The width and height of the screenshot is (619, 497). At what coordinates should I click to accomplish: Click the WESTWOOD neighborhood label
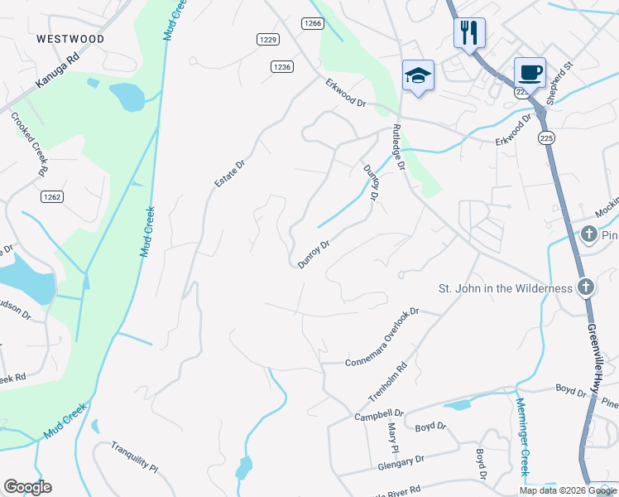click(x=70, y=39)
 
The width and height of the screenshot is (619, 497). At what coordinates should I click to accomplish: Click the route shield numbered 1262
click(x=52, y=197)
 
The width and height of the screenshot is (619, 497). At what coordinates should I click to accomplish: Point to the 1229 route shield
click(x=267, y=39)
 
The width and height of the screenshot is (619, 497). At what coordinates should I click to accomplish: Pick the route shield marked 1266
click(x=312, y=23)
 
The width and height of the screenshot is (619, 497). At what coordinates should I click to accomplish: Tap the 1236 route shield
click(x=281, y=66)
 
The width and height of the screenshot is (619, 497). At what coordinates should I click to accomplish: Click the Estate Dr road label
click(x=230, y=172)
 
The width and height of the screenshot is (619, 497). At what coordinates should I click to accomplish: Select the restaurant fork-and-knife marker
click(x=469, y=33)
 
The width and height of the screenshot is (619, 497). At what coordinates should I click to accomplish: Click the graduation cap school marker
click(x=418, y=75)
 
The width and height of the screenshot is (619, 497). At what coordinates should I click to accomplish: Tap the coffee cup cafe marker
click(x=530, y=72)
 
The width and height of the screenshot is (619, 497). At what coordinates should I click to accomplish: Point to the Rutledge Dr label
click(x=398, y=147)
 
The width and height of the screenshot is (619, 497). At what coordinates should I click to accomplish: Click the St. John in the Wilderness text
click(x=505, y=288)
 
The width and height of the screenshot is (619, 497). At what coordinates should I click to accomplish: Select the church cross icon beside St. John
click(x=586, y=287)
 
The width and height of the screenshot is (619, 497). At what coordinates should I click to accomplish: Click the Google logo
click(x=27, y=487)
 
